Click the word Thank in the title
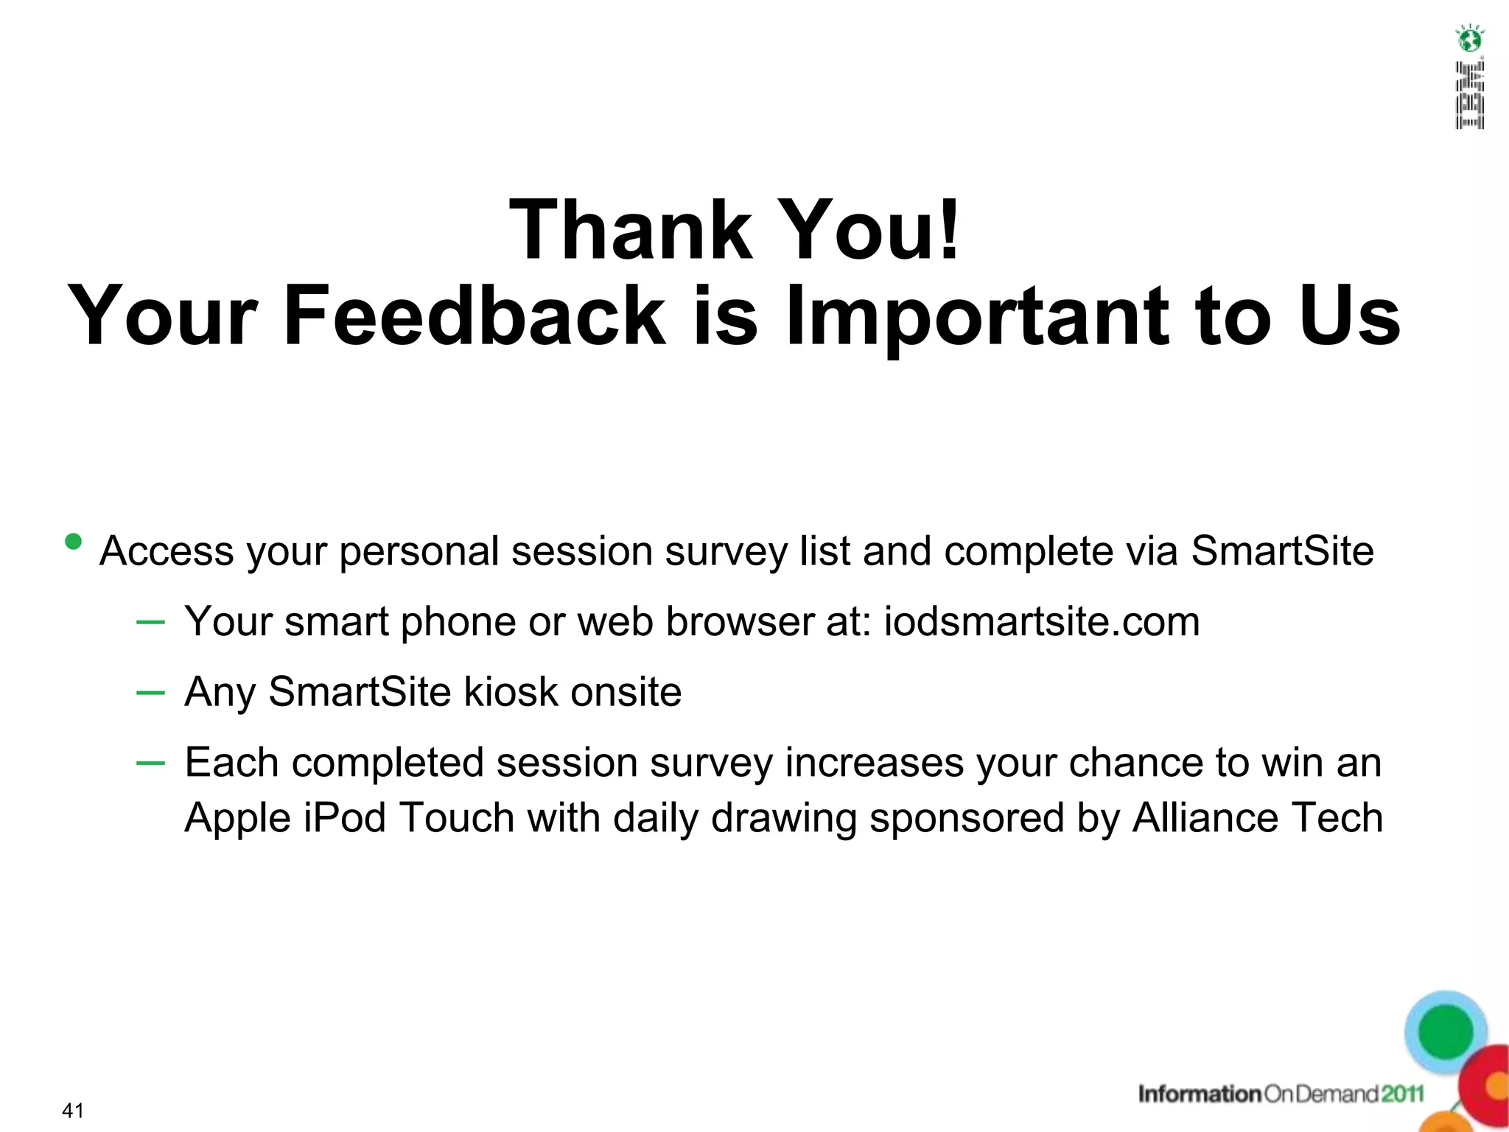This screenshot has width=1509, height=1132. coord(631,230)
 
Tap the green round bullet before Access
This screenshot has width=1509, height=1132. coord(74,542)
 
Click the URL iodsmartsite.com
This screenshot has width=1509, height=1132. coord(1042,621)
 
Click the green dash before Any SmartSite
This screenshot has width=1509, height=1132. coord(150,692)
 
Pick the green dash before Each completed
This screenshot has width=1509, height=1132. coord(150,763)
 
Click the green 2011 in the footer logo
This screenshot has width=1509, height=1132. coord(1402,1094)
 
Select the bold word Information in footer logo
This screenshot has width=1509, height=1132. coord(1200,1094)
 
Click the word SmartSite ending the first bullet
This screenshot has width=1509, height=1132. coord(1282,551)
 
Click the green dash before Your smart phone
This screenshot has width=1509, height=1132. coord(150,622)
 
